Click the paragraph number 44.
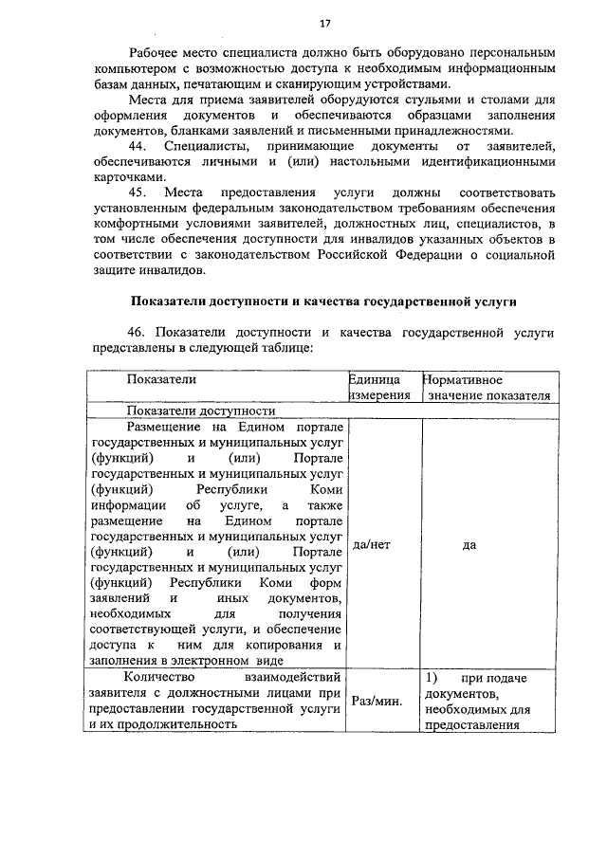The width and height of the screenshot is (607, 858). pyautogui.click(x=139, y=147)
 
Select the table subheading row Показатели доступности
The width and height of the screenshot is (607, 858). pyautogui.click(x=201, y=411)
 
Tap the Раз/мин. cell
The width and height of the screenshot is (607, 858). pyautogui.click(x=377, y=702)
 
